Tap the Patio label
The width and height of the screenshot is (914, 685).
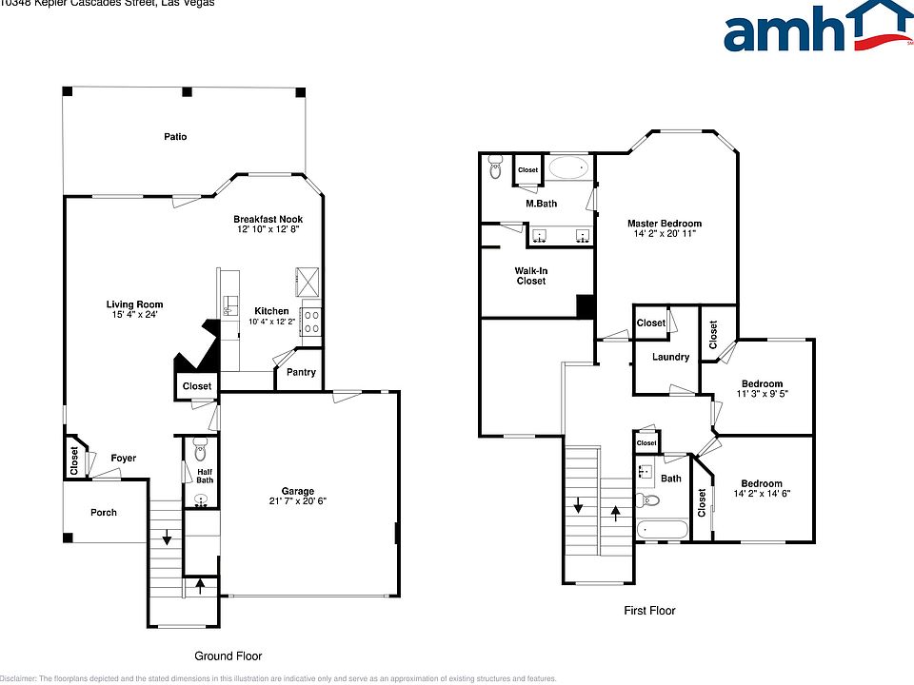(174, 137)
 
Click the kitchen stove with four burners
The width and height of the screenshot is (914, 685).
(310, 322)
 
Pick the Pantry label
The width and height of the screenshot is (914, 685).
(301, 373)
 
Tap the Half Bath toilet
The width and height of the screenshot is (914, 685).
(200, 444)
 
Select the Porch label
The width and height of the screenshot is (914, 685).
(104, 512)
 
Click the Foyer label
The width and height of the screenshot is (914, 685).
(123, 459)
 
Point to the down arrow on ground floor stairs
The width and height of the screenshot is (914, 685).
(168, 538)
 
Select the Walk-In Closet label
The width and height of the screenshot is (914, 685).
(531, 276)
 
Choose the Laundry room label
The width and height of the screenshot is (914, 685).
(671, 357)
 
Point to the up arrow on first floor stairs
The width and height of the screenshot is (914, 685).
(616, 515)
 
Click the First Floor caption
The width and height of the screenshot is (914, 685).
(649, 610)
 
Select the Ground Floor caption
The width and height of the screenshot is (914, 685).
(228, 656)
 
